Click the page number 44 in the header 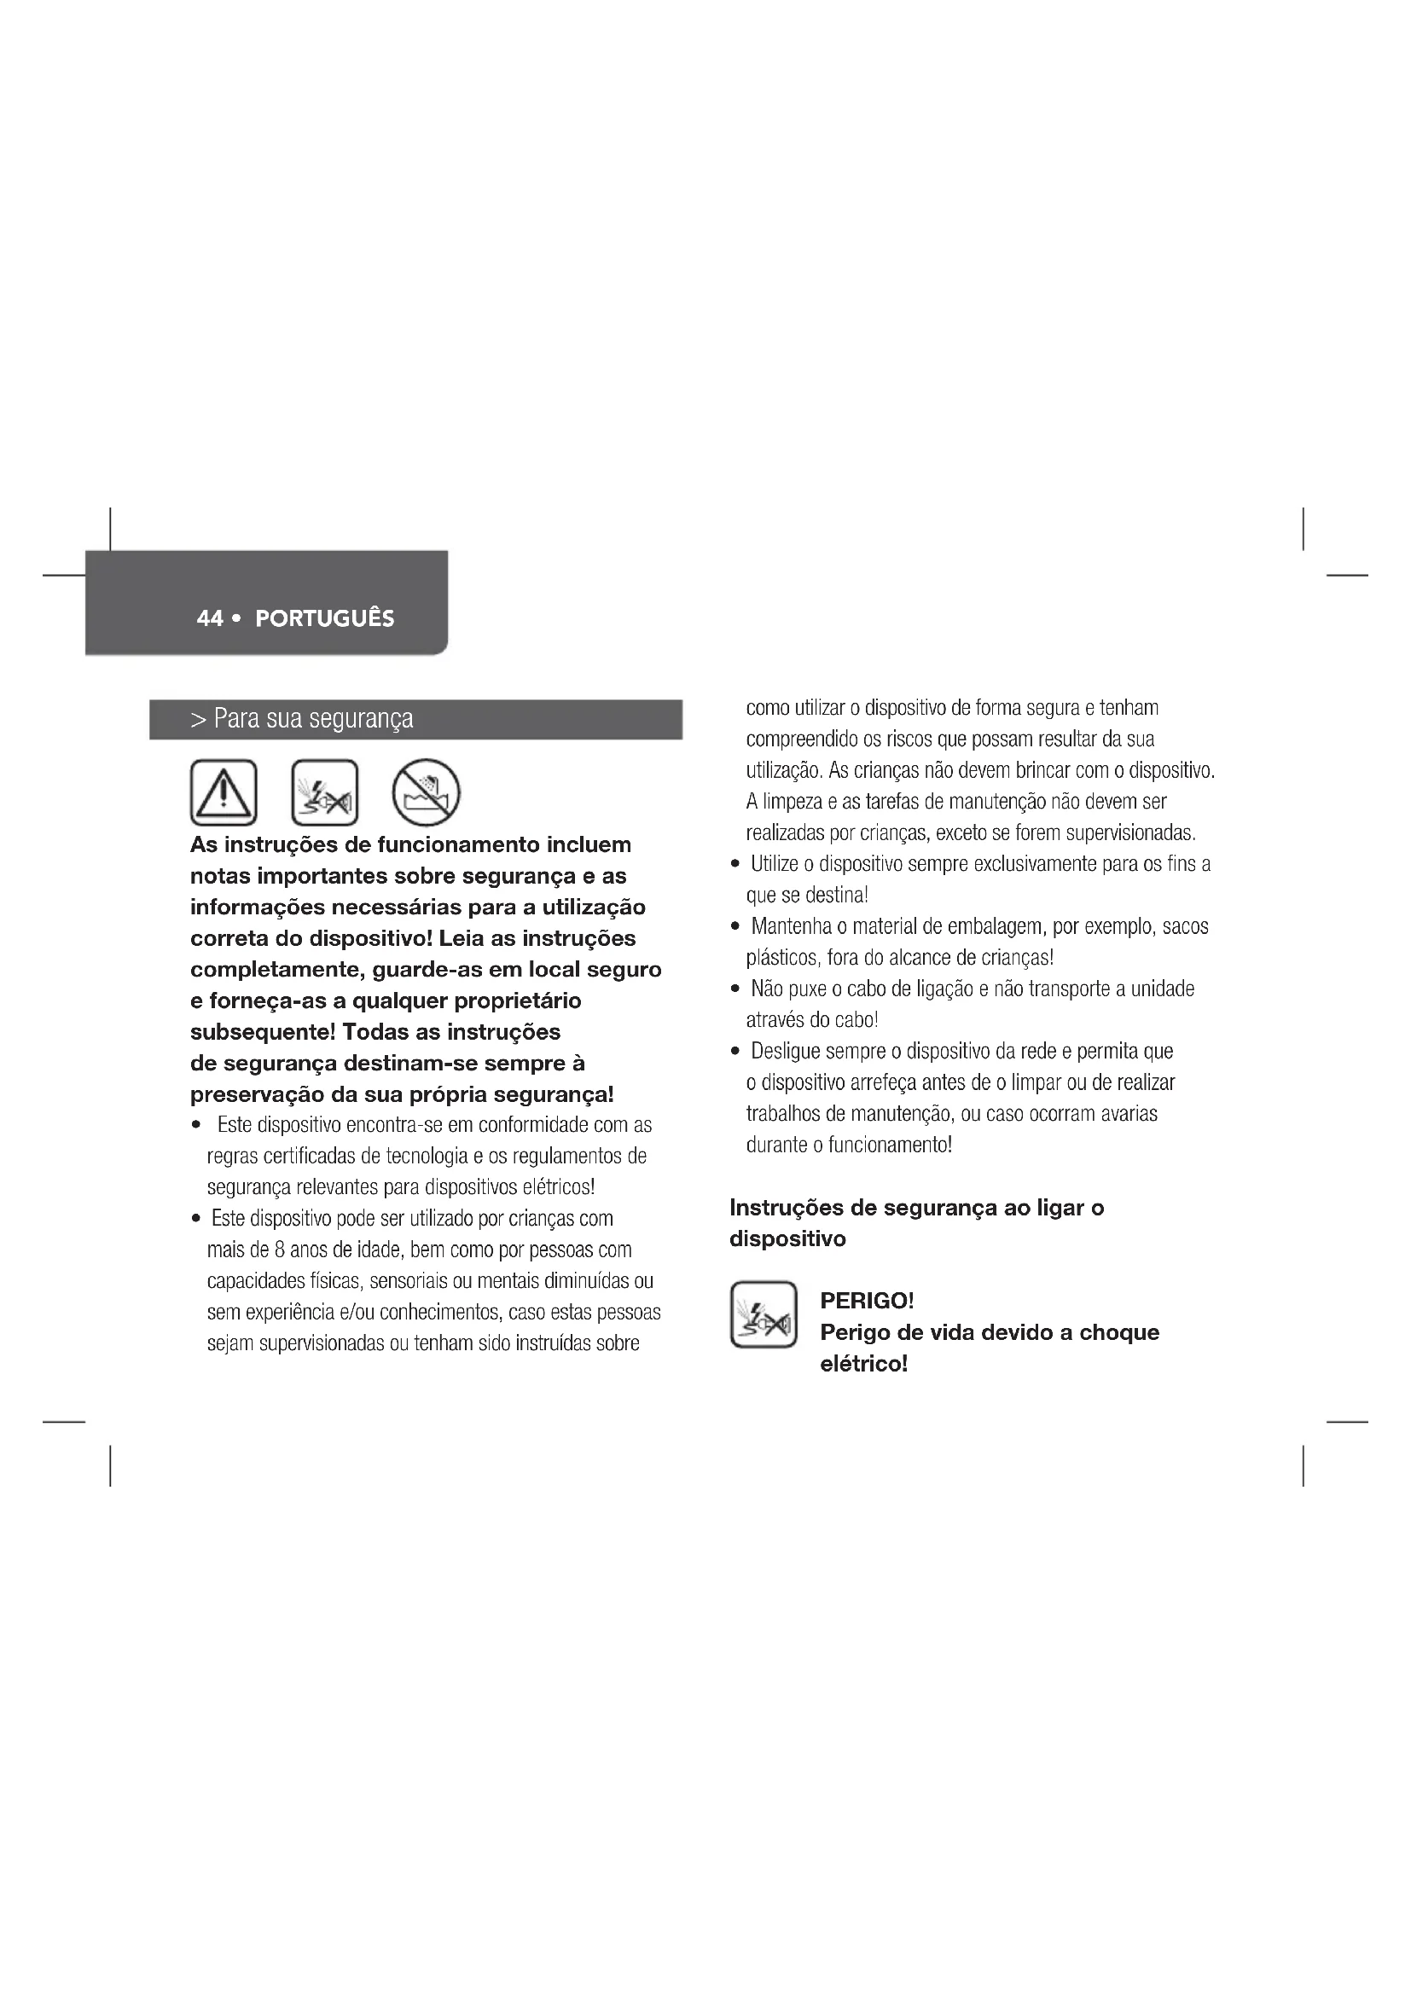tap(209, 618)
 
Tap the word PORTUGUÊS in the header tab tap(325, 618)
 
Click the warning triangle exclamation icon tap(224, 792)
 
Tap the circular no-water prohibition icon tap(426, 792)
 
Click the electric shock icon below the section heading tap(325, 792)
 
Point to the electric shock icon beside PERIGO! tap(763, 1314)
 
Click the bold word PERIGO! tap(866, 1301)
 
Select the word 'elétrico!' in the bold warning tap(863, 1363)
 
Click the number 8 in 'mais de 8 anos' tap(280, 1250)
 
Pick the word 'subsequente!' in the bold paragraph tap(263, 1032)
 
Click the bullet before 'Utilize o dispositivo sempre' tap(735, 865)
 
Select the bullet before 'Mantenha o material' tap(735, 927)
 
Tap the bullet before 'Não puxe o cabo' tap(735, 989)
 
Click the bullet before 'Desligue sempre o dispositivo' tap(735, 1053)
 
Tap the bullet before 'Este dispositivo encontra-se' tap(197, 1125)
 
